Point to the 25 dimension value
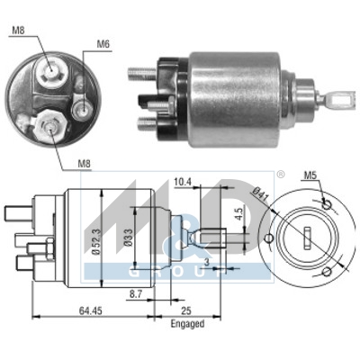tap(186, 311)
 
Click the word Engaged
tap(186, 323)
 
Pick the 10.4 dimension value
tap(183, 183)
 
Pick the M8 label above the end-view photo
tap(19, 31)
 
